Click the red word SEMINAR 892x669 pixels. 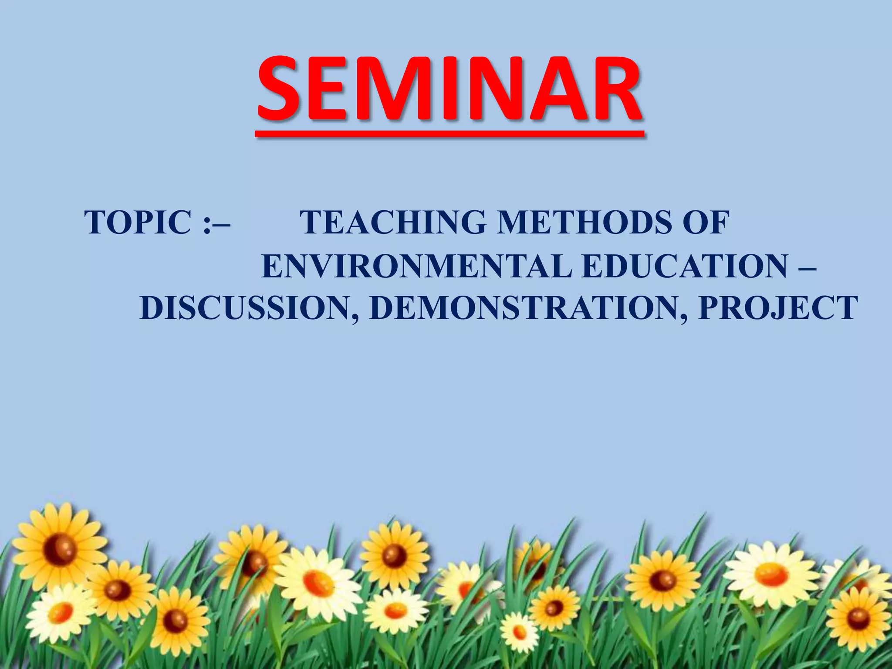(449, 89)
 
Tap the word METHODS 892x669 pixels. (583, 223)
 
